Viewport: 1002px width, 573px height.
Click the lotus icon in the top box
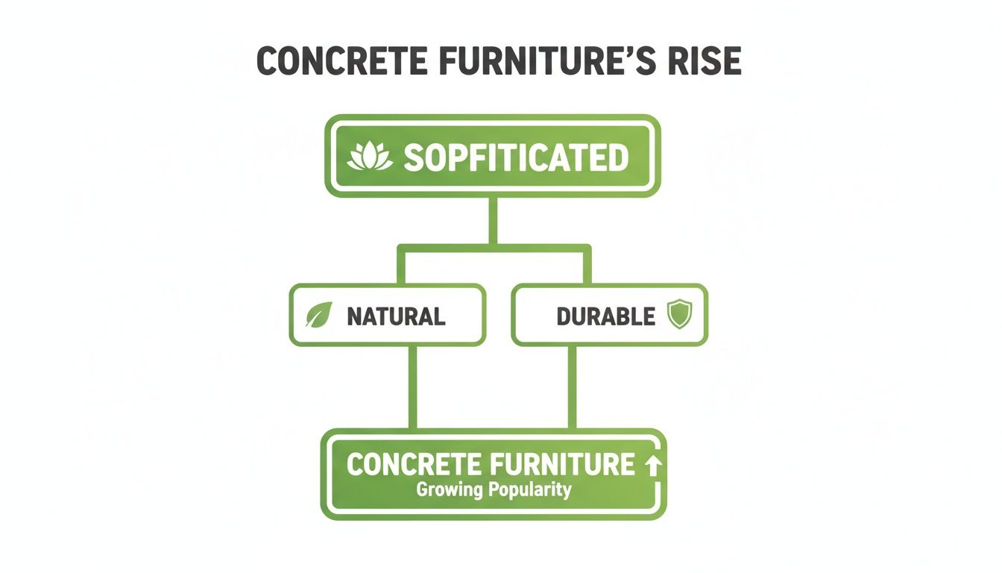(x=370, y=157)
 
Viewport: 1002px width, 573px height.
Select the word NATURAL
(x=396, y=316)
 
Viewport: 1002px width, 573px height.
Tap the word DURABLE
(x=605, y=316)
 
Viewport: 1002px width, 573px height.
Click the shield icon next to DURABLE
(x=678, y=315)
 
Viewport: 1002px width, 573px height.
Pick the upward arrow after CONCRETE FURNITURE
(x=652, y=466)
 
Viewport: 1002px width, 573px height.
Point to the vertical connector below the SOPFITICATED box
(x=492, y=220)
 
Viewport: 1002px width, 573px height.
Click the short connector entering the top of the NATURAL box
(x=401, y=266)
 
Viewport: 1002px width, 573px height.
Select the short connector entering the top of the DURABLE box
(x=587, y=266)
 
